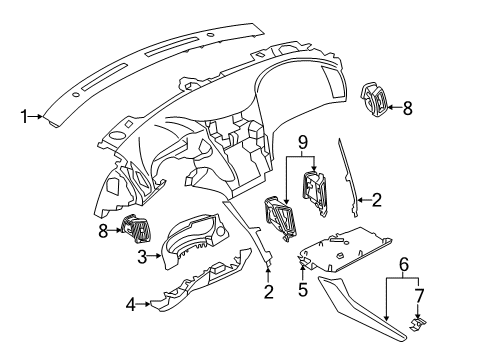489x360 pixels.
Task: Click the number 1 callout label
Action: coord(24,117)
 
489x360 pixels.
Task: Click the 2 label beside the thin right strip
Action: coord(376,201)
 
